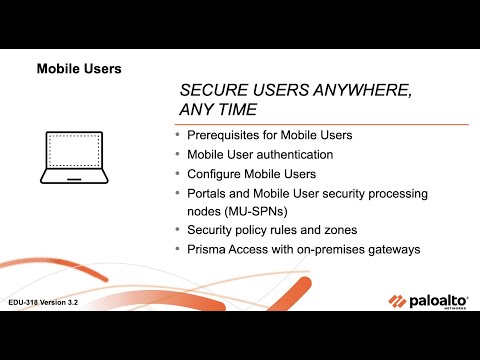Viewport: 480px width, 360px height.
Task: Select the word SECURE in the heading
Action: (213, 89)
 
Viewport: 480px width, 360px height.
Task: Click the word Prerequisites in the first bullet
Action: (223, 135)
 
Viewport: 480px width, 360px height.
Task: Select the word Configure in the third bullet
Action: (214, 174)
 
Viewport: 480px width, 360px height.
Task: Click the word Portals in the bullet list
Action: (207, 193)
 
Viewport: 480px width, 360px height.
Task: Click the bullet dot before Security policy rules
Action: (178, 230)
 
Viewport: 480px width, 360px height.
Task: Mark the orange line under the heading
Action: (320, 123)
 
